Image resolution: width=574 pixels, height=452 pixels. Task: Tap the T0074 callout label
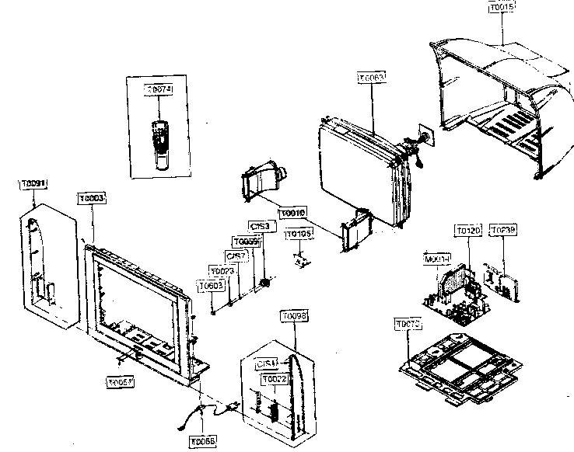(159, 90)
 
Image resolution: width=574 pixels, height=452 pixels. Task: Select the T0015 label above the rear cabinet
(502, 7)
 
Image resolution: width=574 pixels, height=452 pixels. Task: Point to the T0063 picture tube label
(371, 78)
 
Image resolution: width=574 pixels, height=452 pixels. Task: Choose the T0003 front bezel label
(92, 199)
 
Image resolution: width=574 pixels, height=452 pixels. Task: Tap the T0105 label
(299, 234)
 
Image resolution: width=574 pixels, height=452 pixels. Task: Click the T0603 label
(211, 286)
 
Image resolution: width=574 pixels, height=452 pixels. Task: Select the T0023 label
(222, 271)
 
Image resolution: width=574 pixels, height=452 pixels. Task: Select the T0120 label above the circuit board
(468, 231)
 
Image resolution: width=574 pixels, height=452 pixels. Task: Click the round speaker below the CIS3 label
(266, 282)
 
